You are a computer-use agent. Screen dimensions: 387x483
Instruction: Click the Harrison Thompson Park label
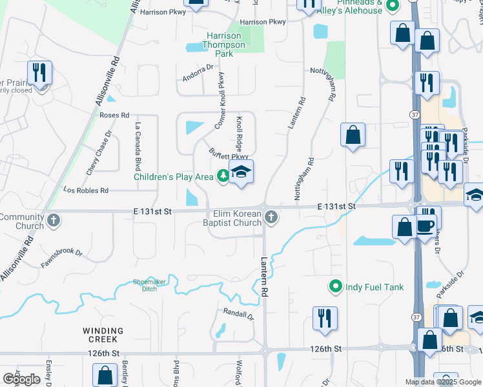[x=224, y=45]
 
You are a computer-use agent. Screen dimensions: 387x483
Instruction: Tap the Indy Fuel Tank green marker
[x=335, y=286]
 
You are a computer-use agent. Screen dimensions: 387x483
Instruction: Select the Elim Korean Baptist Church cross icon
[x=271, y=219]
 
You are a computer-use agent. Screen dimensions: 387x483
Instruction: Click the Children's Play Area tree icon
[x=223, y=175]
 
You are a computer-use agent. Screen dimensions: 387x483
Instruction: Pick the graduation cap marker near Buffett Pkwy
[x=241, y=172]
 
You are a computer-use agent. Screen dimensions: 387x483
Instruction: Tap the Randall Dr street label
[x=238, y=314]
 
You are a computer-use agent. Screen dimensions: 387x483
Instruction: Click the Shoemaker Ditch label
[x=145, y=284]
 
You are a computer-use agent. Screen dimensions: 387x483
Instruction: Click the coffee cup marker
[x=426, y=226]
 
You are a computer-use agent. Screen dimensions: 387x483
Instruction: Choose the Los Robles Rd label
[x=85, y=190]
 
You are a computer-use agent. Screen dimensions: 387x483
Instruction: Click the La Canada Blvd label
[x=138, y=143]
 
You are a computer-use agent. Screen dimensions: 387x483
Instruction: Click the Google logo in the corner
[x=21, y=379]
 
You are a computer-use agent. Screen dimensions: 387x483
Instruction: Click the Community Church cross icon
[x=54, y=221]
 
